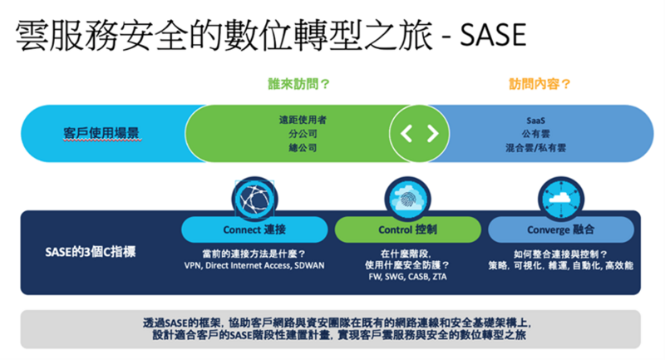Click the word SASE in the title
493,35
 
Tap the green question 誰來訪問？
298,84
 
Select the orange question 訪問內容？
539,84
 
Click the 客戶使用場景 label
101,133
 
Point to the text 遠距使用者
303,120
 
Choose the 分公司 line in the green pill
303,134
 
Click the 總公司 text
303,148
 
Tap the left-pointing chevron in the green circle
406,134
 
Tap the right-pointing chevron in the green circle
432,134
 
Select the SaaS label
535,121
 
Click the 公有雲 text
535,134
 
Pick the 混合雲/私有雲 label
535,148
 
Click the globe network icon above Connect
254,200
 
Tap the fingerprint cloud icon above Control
407,200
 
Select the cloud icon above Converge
561,200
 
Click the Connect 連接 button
254,229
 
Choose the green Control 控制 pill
407,229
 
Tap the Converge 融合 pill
561,229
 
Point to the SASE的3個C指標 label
91,252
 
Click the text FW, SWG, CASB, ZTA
407,277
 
